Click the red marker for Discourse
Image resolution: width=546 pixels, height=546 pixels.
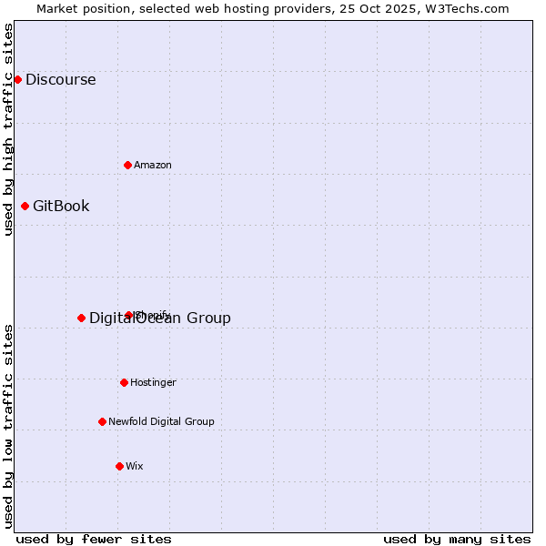tap(17, 79)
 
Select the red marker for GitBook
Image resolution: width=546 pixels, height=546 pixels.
tap(25, 206)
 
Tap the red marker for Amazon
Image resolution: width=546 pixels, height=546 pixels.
tap(127, 165)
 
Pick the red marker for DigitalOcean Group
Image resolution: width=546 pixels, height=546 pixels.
tap(81, 318)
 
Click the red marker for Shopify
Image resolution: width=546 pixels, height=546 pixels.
tap(128, 315)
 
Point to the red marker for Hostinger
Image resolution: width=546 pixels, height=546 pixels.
tap(124, 382)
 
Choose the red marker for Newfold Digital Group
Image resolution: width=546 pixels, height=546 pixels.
tap(102, 421)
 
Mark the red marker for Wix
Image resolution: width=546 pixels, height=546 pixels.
tap(119, 466)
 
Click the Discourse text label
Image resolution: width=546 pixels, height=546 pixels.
tap(60, 79)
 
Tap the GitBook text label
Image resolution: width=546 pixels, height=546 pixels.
tap(61, 206)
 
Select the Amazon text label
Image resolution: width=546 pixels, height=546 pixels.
tap(153, 165)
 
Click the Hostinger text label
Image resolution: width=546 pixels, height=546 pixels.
tap(153, 382)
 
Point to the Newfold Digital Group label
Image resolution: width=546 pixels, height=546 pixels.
tap(161, 421)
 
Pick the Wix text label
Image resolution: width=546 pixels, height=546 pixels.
tap(135, 466)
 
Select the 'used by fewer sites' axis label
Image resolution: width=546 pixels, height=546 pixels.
tap(94, 539)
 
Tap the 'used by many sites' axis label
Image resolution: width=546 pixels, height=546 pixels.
tap(457, 539)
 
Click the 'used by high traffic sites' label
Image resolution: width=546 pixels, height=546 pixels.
tap(9, 129)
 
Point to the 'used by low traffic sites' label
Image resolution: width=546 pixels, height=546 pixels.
tap(9, 426)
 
